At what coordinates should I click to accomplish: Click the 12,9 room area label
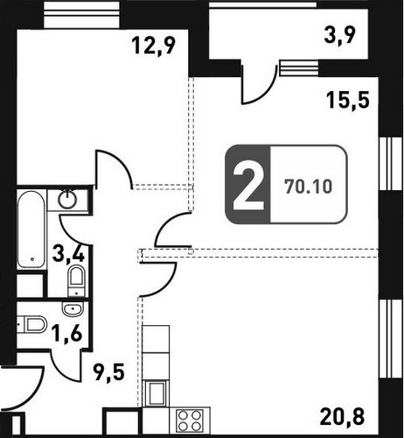click(x=154, y=46)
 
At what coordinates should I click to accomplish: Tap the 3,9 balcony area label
click(x=340, y=37)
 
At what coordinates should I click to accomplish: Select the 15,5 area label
click(x=348, y=100)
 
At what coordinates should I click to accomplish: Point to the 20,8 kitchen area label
click(x=342, y=416)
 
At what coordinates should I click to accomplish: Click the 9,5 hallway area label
click(x=108, y=373)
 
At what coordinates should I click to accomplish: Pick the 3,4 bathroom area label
click(x=68, y=254)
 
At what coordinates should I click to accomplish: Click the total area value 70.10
click(x=309, y=186)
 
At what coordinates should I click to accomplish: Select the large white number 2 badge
click(x=248, y=186)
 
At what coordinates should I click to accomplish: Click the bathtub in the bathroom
click(x=31, y=230)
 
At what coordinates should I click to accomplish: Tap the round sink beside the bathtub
click(x=67, y=200)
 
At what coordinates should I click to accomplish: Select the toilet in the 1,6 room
click(x=33, y=324)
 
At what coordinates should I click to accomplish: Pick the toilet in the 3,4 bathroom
click(x=76, y=280)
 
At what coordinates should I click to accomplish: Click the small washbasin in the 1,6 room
click(x=73, y=308)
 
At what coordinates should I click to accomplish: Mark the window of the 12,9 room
click(x=82, y=15)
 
